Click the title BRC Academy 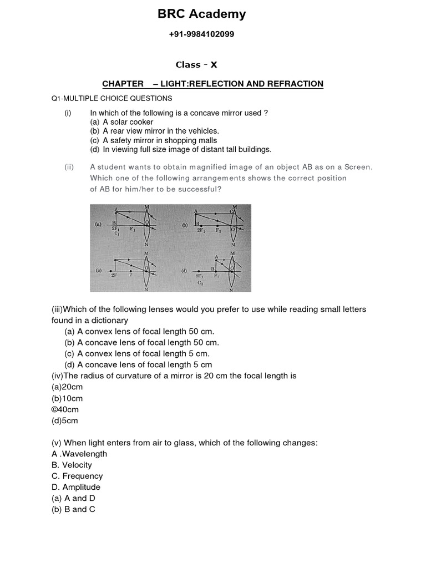point(201,14)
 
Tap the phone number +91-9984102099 point(201,34)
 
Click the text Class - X point(196,65)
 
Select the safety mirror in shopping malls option point(154,140)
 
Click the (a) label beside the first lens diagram point(98,225)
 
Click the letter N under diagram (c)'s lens point(146,289)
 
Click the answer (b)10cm point(67,398)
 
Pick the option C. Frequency point(77,476)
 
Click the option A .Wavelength point(79,454)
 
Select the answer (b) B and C point(73,509)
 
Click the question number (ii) point(69,167)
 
